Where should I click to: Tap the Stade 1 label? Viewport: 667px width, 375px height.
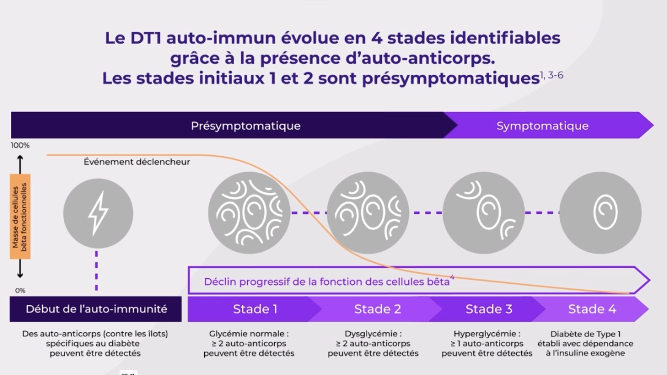tap(255, 309)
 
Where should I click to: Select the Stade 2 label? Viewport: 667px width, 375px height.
tap(378, 309)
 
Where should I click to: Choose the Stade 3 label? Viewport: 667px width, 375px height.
tap(489, 309)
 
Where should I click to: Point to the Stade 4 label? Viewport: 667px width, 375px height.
tap(592, 309)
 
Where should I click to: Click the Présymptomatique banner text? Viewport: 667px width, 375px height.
tap(245, 126)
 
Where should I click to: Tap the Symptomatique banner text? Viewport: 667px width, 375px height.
tap(542, 126)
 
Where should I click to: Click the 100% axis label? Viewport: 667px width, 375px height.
tap(20, 146)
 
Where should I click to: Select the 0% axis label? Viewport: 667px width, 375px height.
tap(20, 290)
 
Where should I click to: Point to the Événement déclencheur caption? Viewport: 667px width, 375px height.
tap(137, 162)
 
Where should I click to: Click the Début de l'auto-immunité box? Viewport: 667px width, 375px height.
tap(96, 309)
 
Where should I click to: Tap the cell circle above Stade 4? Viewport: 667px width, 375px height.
tap(600, 213)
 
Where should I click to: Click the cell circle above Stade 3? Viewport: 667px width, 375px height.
tap(484, 213)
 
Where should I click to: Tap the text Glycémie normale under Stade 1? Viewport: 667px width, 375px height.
tap(248, 334)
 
